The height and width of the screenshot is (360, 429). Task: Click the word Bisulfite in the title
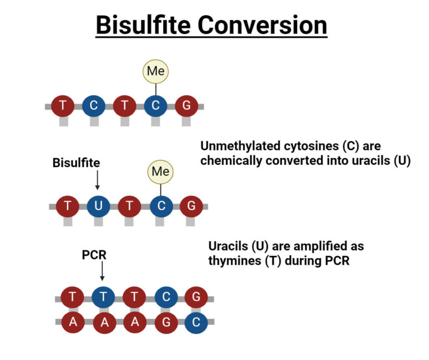146,26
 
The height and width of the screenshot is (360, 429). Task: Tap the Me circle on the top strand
156,71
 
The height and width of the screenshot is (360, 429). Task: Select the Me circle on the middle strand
160,171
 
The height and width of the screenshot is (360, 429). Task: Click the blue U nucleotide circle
99,206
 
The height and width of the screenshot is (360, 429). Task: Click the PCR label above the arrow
94,255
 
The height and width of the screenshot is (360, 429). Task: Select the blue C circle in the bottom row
196,322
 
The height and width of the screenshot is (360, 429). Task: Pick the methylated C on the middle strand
161,206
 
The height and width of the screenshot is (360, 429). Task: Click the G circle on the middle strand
192,206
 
